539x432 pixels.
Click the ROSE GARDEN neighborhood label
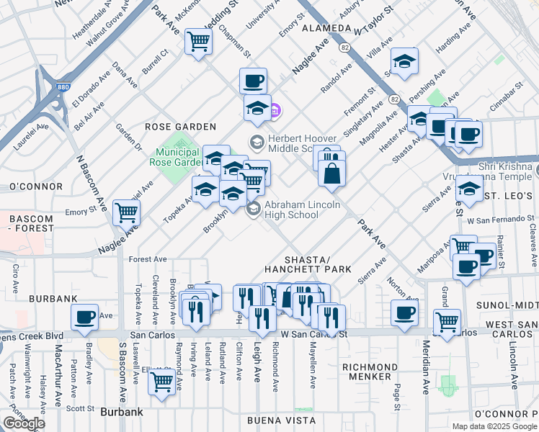coord(171,126)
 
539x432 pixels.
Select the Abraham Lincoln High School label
coord(290,209)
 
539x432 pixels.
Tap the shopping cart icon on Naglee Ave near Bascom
coord(127,212)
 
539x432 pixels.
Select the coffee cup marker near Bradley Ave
coord(84,317)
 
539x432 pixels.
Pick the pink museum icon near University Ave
coord(276,112)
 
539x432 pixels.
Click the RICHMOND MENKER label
coord(370,372)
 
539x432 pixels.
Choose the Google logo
coord(24,423)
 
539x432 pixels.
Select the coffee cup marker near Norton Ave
coord(404,312)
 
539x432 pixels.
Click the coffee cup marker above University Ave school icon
coord(253,81)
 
